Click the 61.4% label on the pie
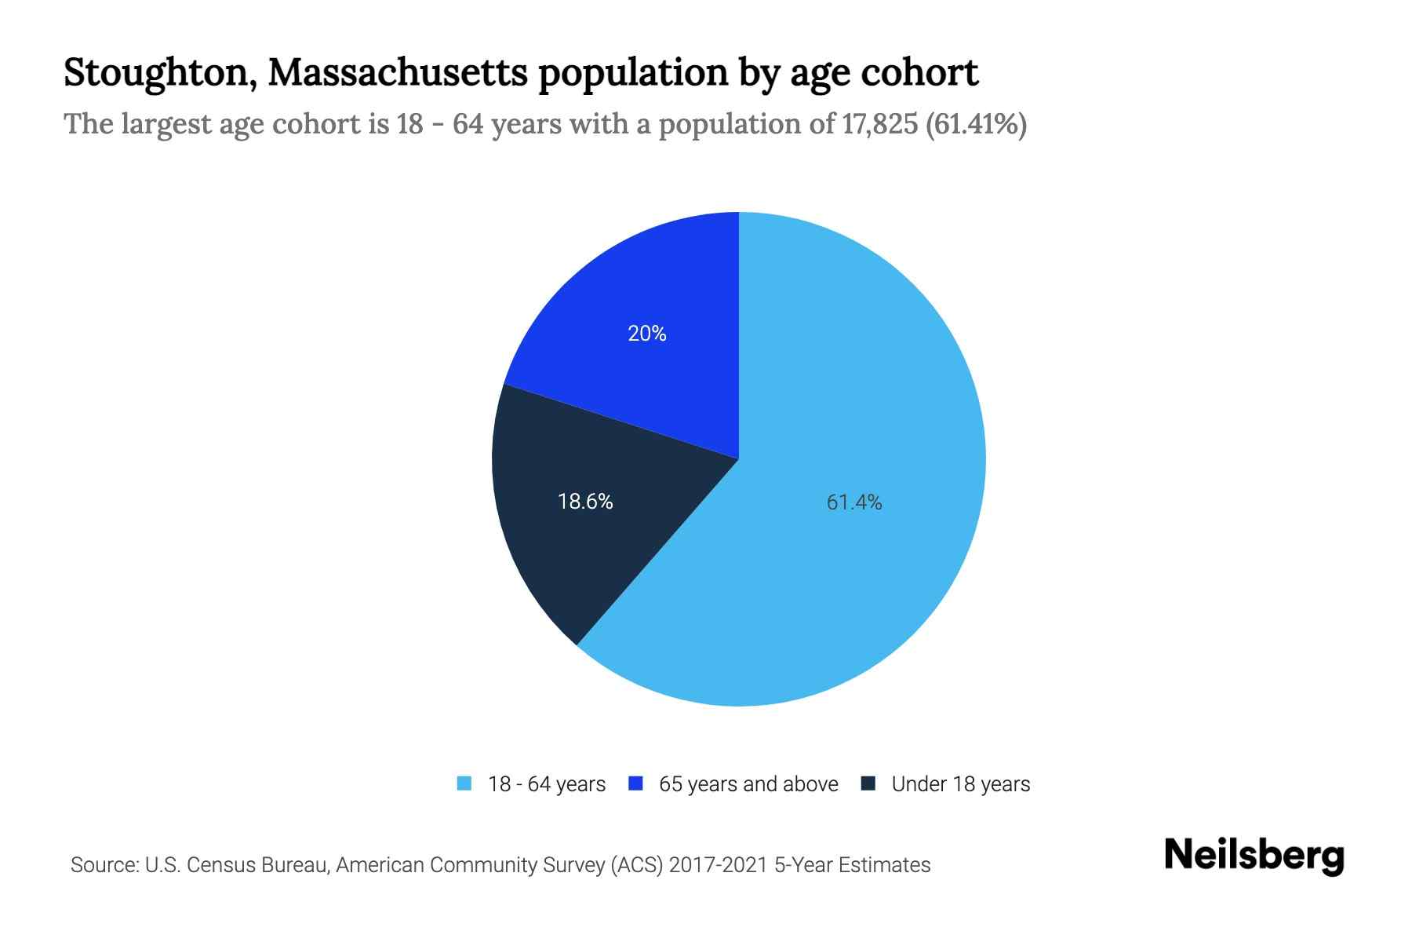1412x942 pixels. pyautogui.click(x=854, y=502)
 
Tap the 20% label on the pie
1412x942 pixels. pyautogui.click(x=647, y=334)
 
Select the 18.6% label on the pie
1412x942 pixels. pyautogui.click(x=585, y=502)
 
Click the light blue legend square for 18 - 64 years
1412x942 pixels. pyautogui.click(x=464, y=783)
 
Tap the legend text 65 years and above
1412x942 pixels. pyautogui.click(x=748, y=784)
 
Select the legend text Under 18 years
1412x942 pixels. pyautogui.click(x=960, y=784)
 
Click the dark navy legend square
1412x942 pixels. pyautogui.click(x=868, y=783)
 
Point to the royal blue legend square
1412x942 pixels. pyautogui.click(x=636, y=783)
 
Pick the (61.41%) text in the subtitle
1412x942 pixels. pyautogui.click(x=976, y=124)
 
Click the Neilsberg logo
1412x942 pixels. pyautogui.click(x=1254, y=856)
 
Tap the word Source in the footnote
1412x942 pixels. pyautogui.click(x=103, y=865)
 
